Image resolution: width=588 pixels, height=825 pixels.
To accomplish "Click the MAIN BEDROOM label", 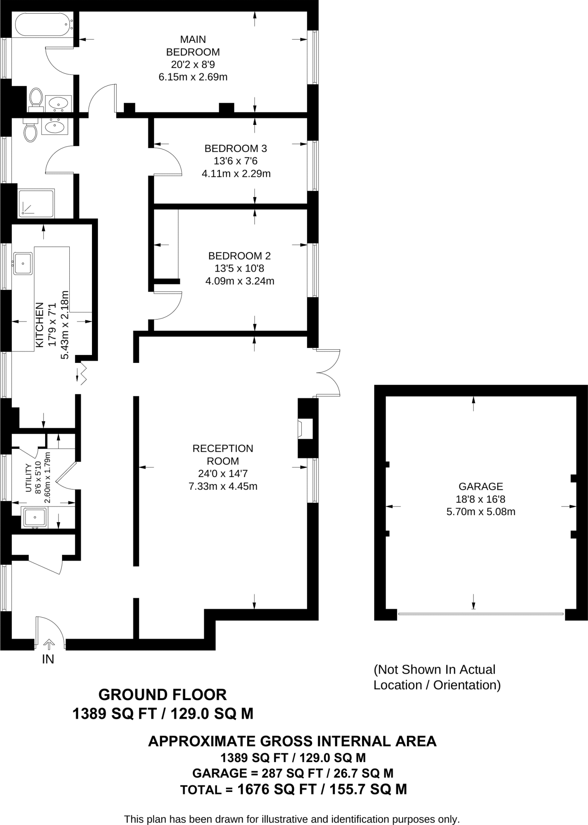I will (193, 46).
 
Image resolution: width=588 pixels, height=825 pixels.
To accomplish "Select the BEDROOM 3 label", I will (236, 149).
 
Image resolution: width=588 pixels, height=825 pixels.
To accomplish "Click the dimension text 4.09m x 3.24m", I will (240, 281).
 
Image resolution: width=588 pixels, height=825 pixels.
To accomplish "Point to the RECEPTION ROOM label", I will (223, 454).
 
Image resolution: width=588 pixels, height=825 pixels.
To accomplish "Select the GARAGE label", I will (480, 487).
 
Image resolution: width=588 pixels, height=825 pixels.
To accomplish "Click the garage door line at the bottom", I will (480, 614).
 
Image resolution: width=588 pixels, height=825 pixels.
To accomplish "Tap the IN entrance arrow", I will (49, 644).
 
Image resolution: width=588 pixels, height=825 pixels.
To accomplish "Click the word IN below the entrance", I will (48, 659).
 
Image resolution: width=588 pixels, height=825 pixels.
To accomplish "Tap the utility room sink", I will (34, 517).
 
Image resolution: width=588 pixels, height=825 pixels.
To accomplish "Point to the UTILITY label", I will (28, 478).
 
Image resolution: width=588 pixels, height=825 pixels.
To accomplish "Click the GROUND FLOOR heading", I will (163, 695).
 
